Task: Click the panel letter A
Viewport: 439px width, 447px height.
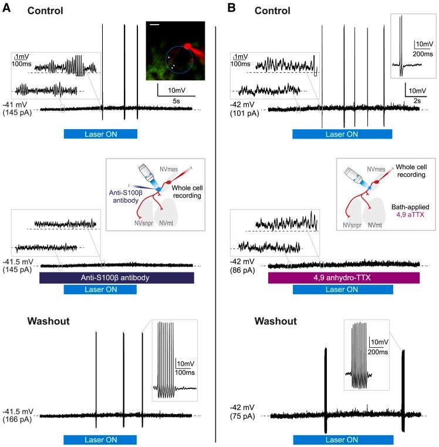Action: pos(6,8)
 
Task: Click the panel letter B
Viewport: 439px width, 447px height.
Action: pos(231,8)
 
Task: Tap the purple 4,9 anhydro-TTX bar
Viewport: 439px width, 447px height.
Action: pos(343,278)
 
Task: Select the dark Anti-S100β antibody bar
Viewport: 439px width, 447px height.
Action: pos(117,278)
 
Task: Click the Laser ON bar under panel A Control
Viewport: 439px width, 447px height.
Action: pos(100,134)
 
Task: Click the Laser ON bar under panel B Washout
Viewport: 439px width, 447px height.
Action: pos(343,439)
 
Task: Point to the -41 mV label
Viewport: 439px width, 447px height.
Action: pos(15,105)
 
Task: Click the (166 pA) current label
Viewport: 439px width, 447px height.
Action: pos(17,419)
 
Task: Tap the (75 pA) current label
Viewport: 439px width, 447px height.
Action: pos(242,416)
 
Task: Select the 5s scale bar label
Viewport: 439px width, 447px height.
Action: pos(176,101)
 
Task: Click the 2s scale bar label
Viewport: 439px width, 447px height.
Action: pos(417,101)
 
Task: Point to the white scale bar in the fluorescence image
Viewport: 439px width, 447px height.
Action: pos(154,25)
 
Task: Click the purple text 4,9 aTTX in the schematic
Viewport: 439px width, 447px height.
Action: pos(410,214)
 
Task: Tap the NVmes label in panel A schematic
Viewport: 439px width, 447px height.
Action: pos(168,169)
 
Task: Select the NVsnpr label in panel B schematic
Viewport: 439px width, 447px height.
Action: pos(352,225)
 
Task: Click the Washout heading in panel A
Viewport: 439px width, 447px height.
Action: pos(49,321)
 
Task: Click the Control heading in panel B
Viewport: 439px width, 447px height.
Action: pos(272,11)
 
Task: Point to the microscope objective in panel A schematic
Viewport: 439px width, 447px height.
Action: pos(147,174)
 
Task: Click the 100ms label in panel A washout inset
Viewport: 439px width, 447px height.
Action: pos(185,372)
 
